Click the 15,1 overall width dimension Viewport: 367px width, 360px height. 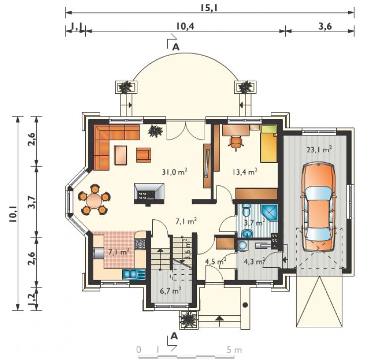pyautogui.click(x=209, y=8)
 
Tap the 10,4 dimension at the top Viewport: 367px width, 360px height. pyautogui.click(x=185, y=26)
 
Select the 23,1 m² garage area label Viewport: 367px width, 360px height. pyautogui.click(x=319, y=149)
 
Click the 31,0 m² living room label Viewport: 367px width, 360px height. pyautogui.click(x=175, y=172)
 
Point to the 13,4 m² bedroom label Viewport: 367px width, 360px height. pyautogui.click(x=245, y=172)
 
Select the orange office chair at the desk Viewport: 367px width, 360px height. pyautogui.click(x=236, y=142)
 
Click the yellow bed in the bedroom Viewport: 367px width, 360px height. pyautogui.click(x=269, y=144)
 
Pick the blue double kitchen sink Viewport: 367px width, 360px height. pyautogui.click(x=133, y=274)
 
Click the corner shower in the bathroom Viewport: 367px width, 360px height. pyautogui.click(x=269, y=213)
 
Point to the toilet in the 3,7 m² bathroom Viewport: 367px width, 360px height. pyautogui.click(x=246, y=211)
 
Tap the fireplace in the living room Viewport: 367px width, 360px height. pyautogui.click(x=149, y=194)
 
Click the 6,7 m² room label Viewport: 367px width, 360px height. pyautogui.click(x=171, y=291)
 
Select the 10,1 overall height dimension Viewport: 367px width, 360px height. pyautogui.click(x=13, y=214)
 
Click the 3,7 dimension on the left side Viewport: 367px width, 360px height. pyautogui.click(x=32, y=202)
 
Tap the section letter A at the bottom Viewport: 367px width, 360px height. pyautogui.click(x=174, y=336)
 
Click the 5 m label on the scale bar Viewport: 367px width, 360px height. pyautogui.click(x=234, y=350)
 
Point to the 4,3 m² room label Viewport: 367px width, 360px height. pyautogui.click(x=254, y=261)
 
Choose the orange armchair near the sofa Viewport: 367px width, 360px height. pyautogui.click(x=144, y=155)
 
